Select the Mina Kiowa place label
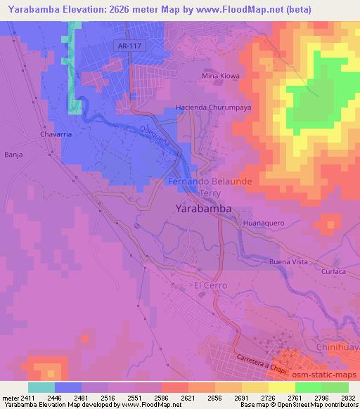point(220,76)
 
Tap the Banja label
point(13,154)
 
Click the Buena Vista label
point(289,261)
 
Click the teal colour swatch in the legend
point(41,387)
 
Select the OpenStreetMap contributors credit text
point(318,405)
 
